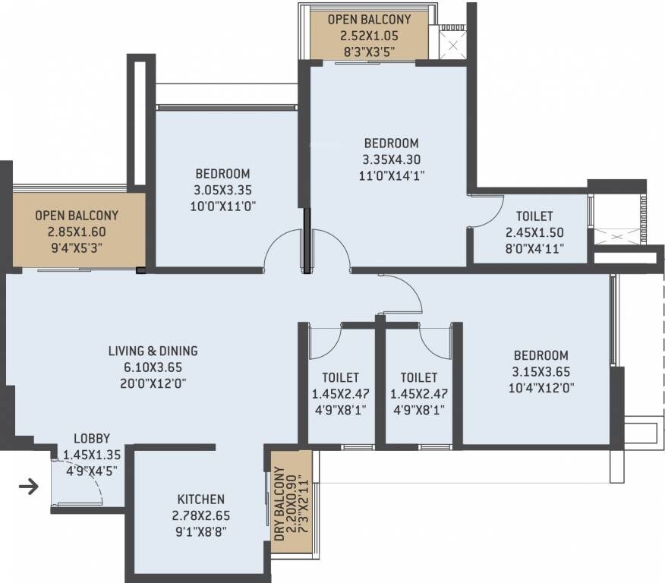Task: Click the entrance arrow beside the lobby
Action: click(28, 487)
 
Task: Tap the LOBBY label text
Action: click(92, 439)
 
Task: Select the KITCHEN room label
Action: click(200, 499)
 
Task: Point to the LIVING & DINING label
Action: click(153, 351)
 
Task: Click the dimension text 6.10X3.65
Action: click(153, 367)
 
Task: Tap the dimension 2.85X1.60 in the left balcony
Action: click(76, 231)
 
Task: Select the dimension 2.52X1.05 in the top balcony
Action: click(369, 35)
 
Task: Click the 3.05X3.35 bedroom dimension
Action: click(222, 190)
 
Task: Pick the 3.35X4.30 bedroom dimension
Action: click(391, 159)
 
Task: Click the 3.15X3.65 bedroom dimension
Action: click(541, 371)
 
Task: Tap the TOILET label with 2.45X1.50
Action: click(534, 216)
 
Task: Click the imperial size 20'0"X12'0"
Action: click(153, 383)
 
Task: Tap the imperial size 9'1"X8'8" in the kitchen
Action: click(200, 531)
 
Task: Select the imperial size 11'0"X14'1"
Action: click(391, 175)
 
